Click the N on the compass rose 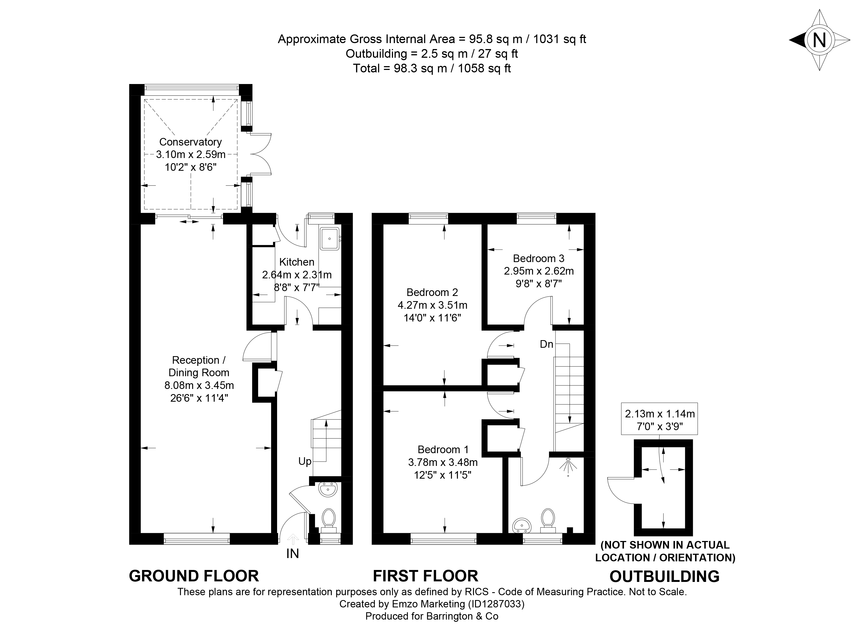click(x=819, y=40)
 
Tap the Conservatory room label click(x=190, y=142)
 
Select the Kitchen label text click(x=297, y=262)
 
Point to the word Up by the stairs click(x=305, y=462)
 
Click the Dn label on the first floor click(x=546, y=344)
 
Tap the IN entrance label click(x=293, y=553)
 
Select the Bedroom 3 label click(x=539, y=258)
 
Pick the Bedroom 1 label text click(x=443, y=449)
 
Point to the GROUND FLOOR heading click(x=194, y=576)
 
